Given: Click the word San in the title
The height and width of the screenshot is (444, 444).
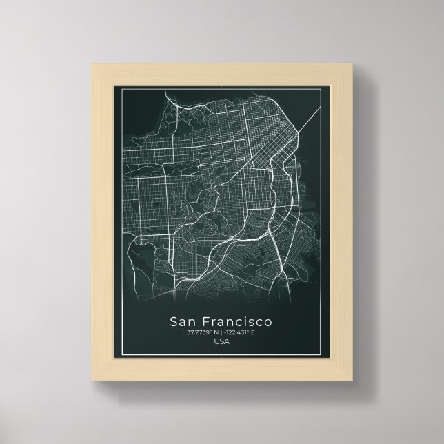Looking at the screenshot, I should pyautogui.click(x=183, y=322).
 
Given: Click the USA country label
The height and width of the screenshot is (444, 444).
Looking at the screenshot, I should pyautogui.click(x=222, y=343).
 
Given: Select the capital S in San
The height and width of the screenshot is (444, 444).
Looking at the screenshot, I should pyautogui.click(x=172, y=322).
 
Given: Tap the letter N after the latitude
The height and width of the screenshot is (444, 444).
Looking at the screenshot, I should pyautogui.click(x=216, y=334).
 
